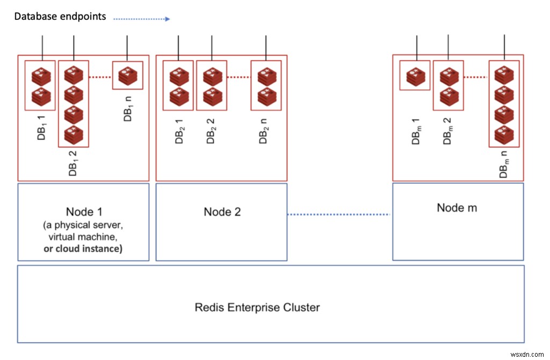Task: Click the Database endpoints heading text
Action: [60, 17]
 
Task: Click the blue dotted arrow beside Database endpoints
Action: [142, 19]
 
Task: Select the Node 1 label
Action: [83, 211]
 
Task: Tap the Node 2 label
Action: [222, 211]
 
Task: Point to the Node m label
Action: [457, 207]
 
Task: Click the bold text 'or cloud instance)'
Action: [83, 248]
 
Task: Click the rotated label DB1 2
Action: [74, 163]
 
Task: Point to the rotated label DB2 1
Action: [179, 131]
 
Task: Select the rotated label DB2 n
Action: [264, 131]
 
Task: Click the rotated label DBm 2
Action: [447, 131]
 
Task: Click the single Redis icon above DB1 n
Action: [127, 75]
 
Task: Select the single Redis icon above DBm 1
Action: [415, 76]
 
